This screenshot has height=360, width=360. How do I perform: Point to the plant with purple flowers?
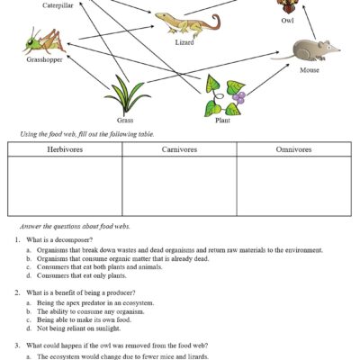point(222,97)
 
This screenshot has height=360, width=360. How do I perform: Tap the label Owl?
point(286,19)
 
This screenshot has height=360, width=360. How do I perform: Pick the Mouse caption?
point(309,69)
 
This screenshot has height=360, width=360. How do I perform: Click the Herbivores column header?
point(65,148)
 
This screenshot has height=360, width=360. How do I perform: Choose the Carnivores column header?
point(179,148)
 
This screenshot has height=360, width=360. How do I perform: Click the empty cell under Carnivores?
point(179,186)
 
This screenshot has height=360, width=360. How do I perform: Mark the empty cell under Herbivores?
point(65,186)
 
